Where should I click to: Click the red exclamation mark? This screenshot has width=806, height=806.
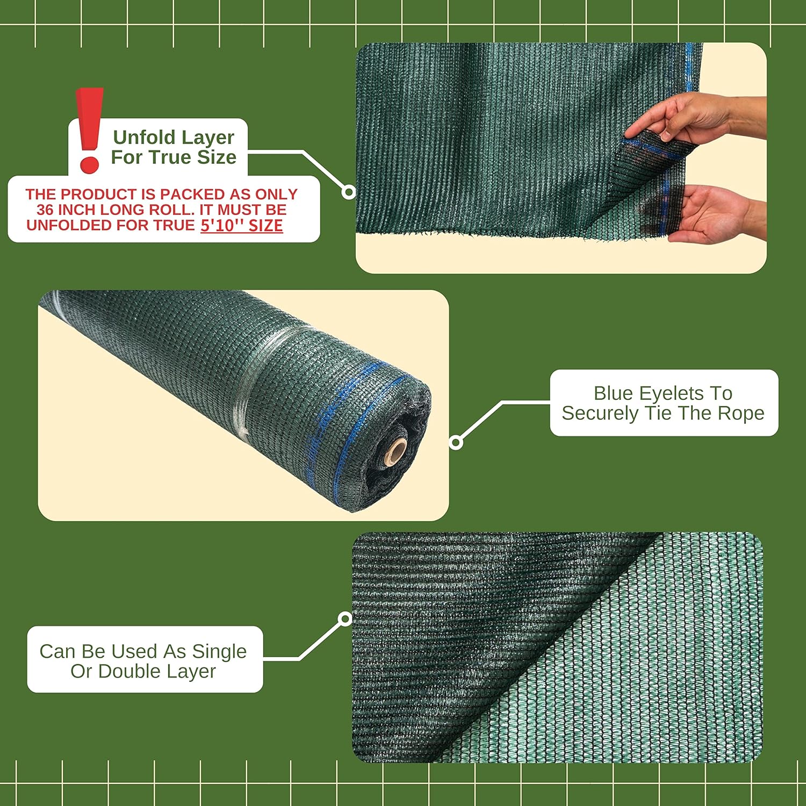tap(89, 130)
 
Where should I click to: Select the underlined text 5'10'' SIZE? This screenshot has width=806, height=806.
tap(242, 226)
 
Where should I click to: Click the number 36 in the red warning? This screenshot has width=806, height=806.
tap(45, 210)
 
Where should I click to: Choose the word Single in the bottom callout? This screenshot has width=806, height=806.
tap(219, 652)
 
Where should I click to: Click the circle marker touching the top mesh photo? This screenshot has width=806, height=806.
tap(349, 192)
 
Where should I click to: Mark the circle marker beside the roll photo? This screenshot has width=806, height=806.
tap(456, 443)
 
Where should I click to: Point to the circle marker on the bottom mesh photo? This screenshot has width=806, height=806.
tap(346, 619)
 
